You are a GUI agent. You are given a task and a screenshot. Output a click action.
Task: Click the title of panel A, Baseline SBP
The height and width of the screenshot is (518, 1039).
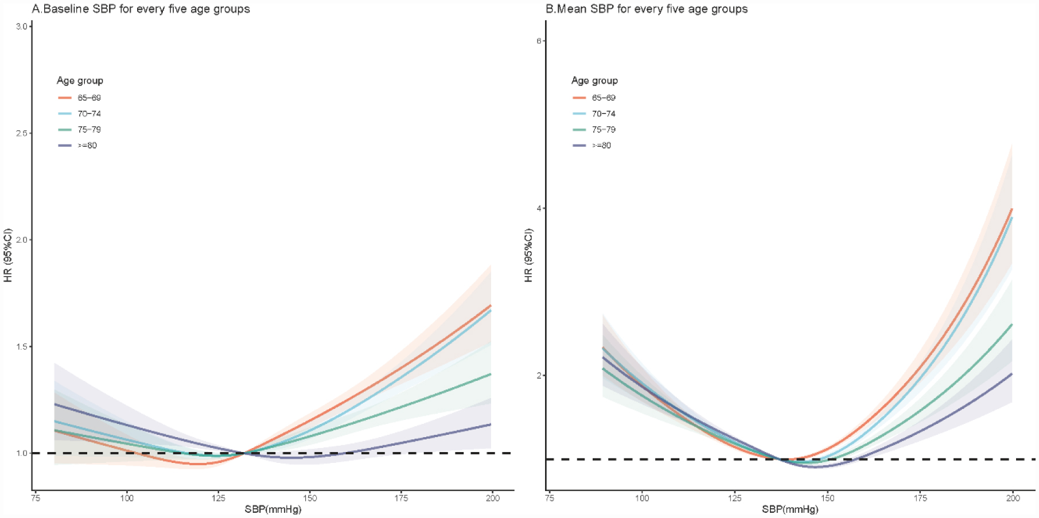click(141, 9)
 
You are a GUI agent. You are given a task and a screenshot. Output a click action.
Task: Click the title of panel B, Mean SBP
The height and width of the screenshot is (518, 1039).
click(647, 9)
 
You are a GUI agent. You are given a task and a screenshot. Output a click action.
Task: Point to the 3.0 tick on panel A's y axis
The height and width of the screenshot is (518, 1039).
click(22, 26)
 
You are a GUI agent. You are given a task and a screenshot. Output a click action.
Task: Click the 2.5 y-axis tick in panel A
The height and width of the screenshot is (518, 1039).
click(22, 133)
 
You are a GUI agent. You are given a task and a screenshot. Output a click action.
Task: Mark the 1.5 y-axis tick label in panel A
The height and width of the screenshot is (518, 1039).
click(22, 346)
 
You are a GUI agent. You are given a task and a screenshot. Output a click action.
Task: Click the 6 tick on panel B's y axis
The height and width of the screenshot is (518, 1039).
click(539, 41)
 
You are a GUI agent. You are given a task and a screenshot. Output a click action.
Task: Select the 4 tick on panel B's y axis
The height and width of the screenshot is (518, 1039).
click(539, 208)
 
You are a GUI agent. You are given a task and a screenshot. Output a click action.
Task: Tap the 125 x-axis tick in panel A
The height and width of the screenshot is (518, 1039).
click(219, 498)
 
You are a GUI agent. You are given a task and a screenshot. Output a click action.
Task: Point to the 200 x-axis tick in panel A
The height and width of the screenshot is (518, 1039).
click(492, 498)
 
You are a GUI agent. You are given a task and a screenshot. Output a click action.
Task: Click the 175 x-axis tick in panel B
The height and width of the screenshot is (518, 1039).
click(920, 498)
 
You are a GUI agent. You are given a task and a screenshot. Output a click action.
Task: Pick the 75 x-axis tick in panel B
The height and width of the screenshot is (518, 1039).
click(550, 498)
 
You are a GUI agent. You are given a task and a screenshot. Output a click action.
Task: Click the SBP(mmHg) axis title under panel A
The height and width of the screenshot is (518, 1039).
click(273, 509)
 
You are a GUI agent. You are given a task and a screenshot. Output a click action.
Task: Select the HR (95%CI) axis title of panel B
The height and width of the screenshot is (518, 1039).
click(528, 255)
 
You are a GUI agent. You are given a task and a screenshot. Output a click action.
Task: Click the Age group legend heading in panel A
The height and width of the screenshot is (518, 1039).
click(80, 81)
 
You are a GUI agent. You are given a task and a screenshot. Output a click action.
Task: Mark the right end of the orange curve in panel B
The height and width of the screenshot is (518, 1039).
click(1011, 209)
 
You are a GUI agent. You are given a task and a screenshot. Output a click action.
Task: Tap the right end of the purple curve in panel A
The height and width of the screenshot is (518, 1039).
click(491, 424)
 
